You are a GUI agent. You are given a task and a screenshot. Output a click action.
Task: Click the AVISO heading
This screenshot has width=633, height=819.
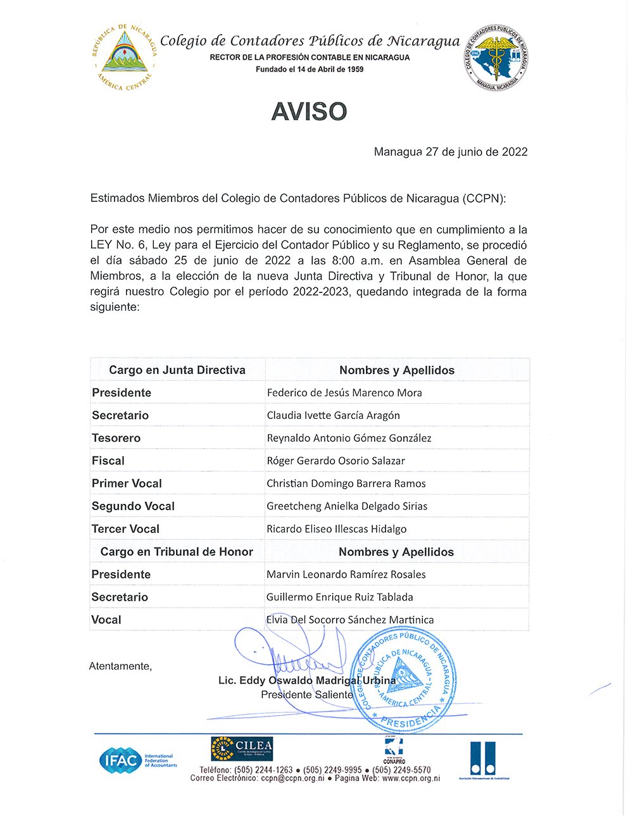coord(309,112)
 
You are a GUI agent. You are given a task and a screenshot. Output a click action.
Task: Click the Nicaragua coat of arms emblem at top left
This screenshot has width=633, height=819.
coord(125,57)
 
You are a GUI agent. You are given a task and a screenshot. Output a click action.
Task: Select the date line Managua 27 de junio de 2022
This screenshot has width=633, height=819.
coord(450,152)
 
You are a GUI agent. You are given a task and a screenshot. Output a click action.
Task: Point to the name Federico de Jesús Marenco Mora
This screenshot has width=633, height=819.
coord(344,392)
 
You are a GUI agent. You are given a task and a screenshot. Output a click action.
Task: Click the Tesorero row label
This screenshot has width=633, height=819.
coord(116,438)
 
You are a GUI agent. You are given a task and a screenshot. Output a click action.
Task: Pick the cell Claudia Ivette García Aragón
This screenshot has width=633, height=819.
coord(333,415)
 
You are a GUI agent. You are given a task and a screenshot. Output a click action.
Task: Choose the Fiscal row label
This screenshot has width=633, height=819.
coord(108,461)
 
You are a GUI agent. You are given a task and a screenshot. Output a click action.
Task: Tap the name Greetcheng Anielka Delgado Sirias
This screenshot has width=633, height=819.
coord(347,506)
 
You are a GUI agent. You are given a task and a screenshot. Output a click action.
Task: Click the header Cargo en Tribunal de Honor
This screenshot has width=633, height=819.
coord(177,552)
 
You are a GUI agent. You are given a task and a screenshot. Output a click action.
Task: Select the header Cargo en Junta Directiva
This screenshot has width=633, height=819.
coord(177,370)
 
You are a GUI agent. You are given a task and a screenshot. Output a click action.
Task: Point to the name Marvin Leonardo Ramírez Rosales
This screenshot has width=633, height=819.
coord(346,575)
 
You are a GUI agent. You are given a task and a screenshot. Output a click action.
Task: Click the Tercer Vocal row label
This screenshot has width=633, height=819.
coord(125,529)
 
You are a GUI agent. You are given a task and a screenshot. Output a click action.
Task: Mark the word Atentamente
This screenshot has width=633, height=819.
coord(120,666)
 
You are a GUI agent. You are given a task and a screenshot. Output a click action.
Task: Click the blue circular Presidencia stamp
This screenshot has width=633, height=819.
coord(403,680)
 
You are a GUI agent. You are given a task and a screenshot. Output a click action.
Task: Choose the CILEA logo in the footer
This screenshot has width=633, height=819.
coord(242,747)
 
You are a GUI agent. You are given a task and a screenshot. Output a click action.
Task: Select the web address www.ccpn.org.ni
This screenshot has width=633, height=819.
coord(411,778)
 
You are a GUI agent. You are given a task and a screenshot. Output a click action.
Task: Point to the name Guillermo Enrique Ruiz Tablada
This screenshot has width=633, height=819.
coord(339,597)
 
